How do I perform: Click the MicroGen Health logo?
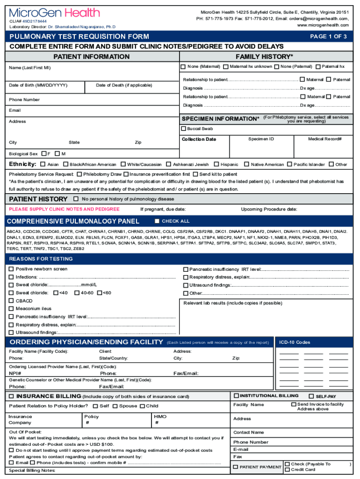click(54, 13)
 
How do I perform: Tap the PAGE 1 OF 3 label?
click(328, 36)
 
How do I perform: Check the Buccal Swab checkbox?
click(184, 129)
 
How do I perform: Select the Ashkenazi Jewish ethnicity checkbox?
click(169, 164)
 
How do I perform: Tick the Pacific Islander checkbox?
click(290, 164)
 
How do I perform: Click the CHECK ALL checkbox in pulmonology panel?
click(157, 221)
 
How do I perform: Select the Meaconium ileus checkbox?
click(11, 309)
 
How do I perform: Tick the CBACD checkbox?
click(11, 301)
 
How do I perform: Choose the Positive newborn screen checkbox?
click(11, 269)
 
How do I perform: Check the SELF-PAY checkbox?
click(311, 396)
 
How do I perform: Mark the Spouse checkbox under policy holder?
click(115, 406)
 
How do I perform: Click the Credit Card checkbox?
click(287, 469)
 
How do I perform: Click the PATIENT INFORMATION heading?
click(91, 57)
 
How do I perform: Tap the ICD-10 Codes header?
click(295, 342)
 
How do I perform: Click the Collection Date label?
click(199, 139)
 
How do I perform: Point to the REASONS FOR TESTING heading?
click(41, 259)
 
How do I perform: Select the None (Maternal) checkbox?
click(184, 66)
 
